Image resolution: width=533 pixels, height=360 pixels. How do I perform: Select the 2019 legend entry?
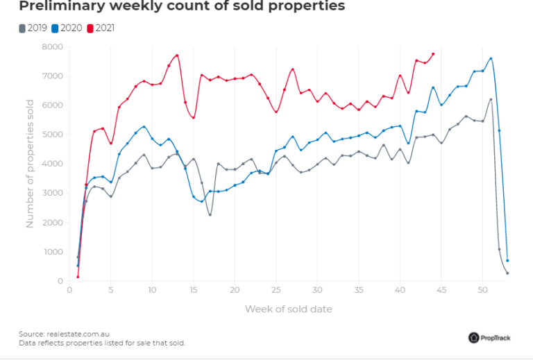point(32,28)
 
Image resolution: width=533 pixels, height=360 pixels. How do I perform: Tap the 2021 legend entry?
point(101,28)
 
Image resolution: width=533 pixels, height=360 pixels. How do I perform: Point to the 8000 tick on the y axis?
point(53,46)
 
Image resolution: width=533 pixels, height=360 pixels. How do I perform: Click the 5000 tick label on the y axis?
point(53,135)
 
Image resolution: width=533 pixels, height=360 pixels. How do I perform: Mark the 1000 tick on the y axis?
point(53,252)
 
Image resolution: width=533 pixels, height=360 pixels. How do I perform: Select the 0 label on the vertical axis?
point(61,281)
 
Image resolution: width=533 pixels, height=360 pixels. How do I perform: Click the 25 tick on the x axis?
point(276,289)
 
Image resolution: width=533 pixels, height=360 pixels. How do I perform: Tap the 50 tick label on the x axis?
point(482,289)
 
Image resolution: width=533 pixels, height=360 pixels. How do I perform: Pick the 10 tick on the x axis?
point(152,289)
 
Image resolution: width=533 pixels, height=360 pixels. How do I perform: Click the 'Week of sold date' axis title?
point(287,309)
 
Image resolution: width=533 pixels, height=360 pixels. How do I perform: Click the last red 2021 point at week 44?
point(433,53)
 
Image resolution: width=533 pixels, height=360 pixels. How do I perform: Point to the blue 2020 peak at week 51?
point(491,58)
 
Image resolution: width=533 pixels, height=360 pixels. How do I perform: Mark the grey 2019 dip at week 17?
point(210,214)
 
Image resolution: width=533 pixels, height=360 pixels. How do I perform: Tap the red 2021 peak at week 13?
point(177,55)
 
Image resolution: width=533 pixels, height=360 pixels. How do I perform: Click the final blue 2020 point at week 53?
point(507,261)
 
